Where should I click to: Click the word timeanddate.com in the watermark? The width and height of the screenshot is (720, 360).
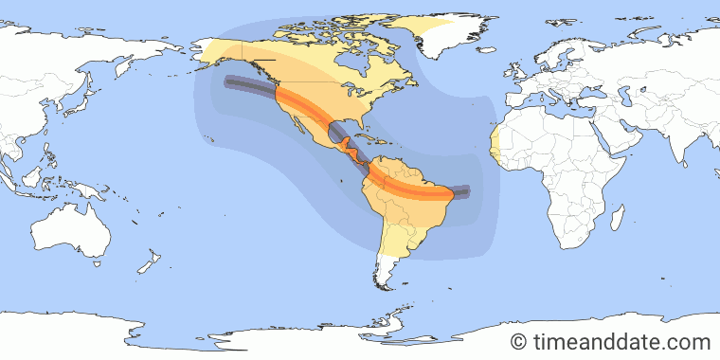[622, 341]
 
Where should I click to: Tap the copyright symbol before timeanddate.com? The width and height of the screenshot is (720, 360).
[518, 341]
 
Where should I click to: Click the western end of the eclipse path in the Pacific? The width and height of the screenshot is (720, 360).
[227, 82]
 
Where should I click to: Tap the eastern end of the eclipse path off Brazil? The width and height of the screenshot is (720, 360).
[464, 190]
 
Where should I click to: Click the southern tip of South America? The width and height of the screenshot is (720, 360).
[382, 284]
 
